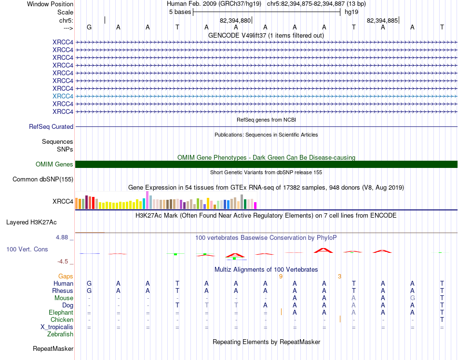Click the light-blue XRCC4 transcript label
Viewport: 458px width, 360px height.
pyautogui.click(x=63, y=96)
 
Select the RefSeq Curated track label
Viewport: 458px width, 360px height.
pyautogui.click(x=51, y=127)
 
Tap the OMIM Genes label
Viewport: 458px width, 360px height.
pyautogui.click(x=54, y=165)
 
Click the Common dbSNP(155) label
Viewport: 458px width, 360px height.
pyautogui.click(x=43, y=180)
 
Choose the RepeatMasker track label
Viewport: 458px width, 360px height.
pyautogui.click(x=53, y=348)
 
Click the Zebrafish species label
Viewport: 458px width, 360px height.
pyautogui.click(x=60, y=334)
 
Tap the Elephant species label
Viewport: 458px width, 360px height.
pyautogui.click(x=61, y=313)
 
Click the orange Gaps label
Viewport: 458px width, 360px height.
pyautogui.click(x=66, y=277)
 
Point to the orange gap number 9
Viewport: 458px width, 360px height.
pyautogui.click(x=281, y=277)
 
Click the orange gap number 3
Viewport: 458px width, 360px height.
pyautogui.click(x=339, y=277)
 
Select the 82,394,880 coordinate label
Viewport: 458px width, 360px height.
pyautogui.click(x=235, y=21)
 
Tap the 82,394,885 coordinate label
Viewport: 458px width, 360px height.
pyautogui.click(x=382, y=21)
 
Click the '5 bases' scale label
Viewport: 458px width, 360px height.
pyautogui.click(x=180, y=12)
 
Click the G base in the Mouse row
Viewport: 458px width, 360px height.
pyautogui.click(x=412, y=298)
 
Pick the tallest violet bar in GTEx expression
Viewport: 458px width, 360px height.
pyautogui.click(x=147, y=200)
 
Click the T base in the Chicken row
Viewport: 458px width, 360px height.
pyautogui.click(x=442, y=320)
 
